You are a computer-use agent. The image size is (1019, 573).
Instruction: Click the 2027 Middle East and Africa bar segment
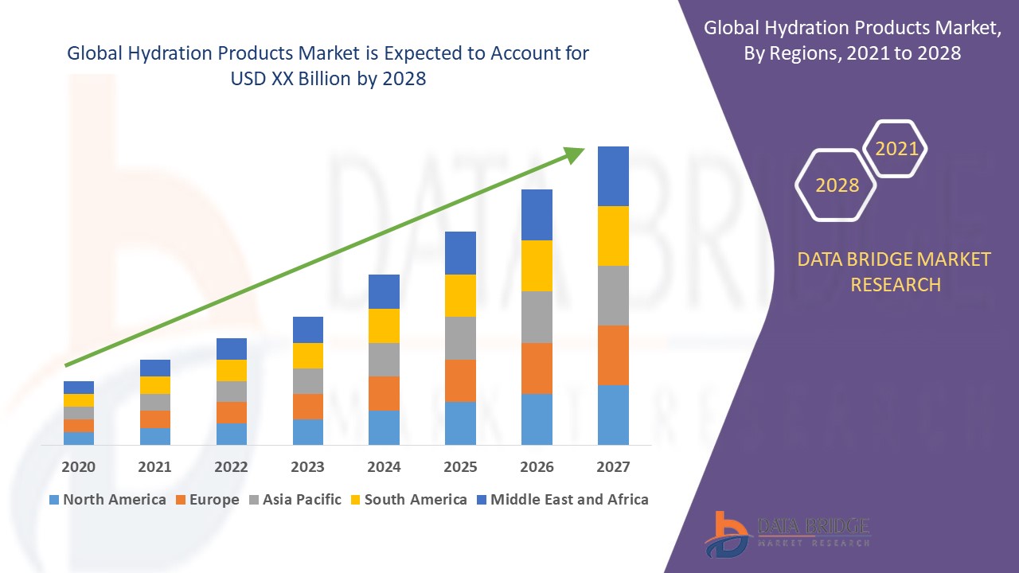click(x=613, y=176)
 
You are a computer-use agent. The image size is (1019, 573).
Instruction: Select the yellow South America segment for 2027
click(x=613, y=236)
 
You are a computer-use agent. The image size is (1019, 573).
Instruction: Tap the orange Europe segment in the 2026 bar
click(x=537, y=368)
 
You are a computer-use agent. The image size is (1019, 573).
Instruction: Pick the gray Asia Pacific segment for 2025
click(x=460, y=338)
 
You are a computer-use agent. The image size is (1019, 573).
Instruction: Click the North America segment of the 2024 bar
click(x=384, y=427)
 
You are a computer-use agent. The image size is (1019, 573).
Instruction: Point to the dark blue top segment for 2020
click(x=79, y=388)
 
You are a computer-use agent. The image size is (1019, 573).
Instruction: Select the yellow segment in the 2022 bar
click(x=232, y=370)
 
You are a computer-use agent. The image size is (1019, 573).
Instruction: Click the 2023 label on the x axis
click(x=308, y=466)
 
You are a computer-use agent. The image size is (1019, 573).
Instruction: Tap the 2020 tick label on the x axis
click(x=79, y=466)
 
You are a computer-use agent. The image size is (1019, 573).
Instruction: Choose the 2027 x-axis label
click(x=613, y=466)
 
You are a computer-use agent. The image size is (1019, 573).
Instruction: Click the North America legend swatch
click(x=54, y=500)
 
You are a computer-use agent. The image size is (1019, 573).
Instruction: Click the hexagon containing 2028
click(x=837, y=185)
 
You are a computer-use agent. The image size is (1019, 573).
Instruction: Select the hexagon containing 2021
click(x=896, y=149)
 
